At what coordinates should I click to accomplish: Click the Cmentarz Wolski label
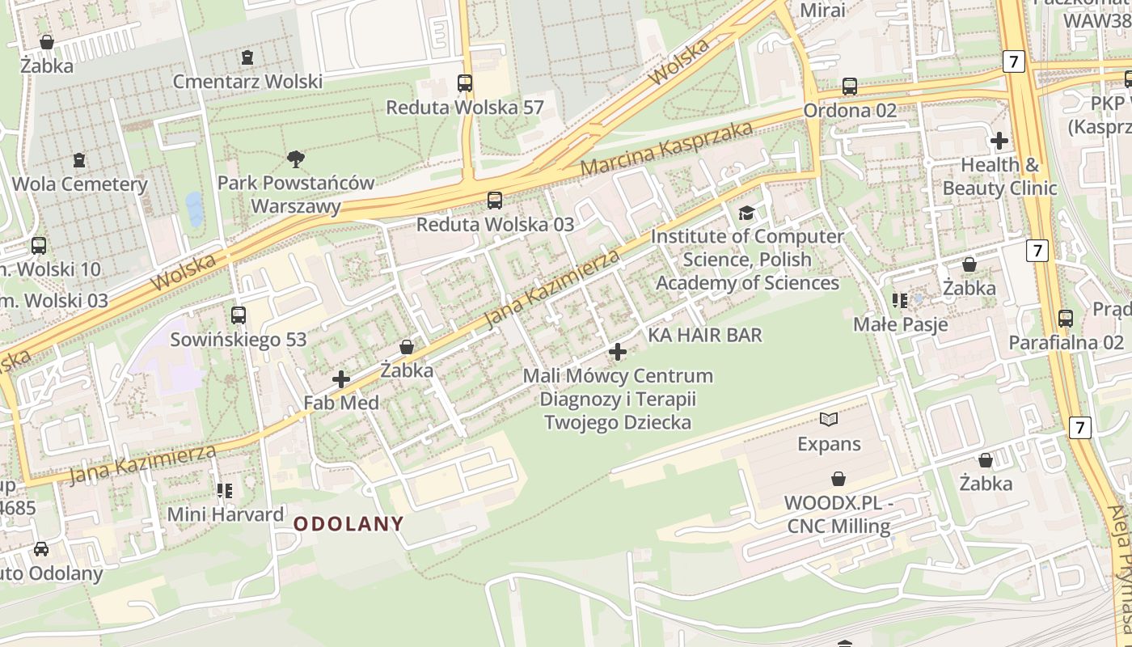click(x=247, y=82)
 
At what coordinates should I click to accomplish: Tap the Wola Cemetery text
click(x=80, y=184)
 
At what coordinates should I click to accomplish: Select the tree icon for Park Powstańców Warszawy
click(x=296, y=159)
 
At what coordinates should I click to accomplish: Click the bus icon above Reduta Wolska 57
click(x=465, y=83)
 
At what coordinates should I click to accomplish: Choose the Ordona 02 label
click(x=850, y=111)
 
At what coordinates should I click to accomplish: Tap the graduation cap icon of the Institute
click(x=746, y=213)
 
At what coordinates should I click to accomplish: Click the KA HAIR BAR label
click(x=705, y=335)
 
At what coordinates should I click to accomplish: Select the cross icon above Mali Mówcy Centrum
click(x=618, y=352)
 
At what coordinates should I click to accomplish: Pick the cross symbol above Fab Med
click(x=341, y=378)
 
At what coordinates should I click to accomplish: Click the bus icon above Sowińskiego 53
click(x=239, y=315)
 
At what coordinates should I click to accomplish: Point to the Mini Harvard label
click(x=226, y=514)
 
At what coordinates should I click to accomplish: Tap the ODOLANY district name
click(x=348, y=523)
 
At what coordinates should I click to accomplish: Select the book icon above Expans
click(x=829, y=419)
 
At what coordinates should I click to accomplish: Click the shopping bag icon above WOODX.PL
click(x=838, y=479)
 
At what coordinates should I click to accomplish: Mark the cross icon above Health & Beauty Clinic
click(x=999, y=141)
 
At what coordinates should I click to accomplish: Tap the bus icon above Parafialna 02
click(x=1066, y=319)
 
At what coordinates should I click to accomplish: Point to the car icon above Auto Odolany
click(x=40, y=549)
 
